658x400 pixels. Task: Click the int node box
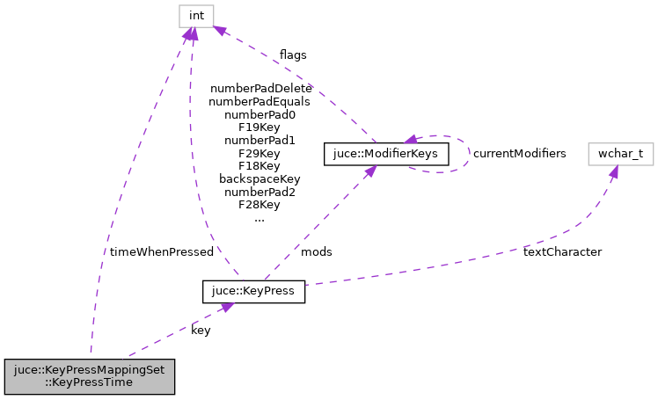196,16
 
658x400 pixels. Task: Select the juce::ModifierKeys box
387,153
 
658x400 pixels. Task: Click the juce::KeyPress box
253,291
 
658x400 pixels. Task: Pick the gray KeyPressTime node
90,375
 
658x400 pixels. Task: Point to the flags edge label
293,55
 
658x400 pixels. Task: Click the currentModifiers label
519,153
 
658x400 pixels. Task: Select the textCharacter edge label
562,251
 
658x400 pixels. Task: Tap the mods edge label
317,251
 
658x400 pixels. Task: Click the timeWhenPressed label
162,251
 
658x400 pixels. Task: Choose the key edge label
201,331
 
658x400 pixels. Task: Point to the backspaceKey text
260,178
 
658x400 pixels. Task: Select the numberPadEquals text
260,102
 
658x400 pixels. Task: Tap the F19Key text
260,127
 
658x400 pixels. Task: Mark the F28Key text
260,205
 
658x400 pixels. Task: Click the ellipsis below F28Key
260,218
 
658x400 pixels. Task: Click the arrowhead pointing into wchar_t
613,171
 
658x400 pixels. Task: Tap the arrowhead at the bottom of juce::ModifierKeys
369,171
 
